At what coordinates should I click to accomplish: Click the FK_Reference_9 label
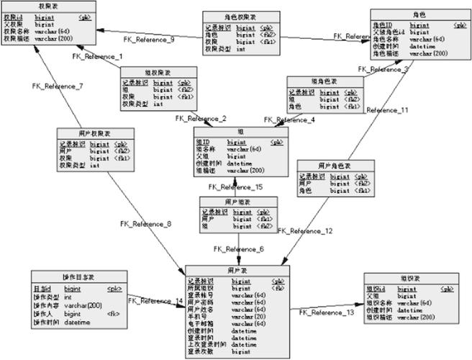point(147,40)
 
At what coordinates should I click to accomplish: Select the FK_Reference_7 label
point(58,86)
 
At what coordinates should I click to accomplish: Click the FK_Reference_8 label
point(145,224)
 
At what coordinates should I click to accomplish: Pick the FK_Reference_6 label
point(240,249)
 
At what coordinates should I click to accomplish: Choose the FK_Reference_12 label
point(305,231)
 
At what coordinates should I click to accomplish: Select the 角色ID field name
point(383,25)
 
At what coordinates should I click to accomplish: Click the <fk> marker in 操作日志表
point(113,315)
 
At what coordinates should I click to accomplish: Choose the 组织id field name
point(377,288)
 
